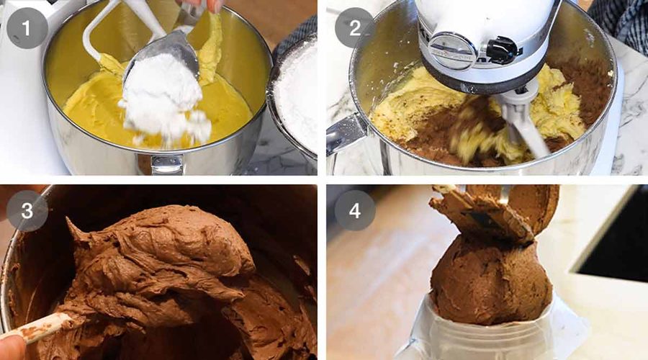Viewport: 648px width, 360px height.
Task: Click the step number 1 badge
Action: pyautogui.click(x=27, y=28)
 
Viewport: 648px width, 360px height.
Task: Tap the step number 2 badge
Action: pyautogui.click(x=354, y=28)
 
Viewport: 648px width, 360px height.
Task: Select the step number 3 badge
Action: pyautogui.click(x=27, y=210)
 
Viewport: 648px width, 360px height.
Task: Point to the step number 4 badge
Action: pyautogui.click(x=354, y=210)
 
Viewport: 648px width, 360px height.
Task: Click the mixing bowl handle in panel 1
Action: pyautogui.click(x=166, y=164)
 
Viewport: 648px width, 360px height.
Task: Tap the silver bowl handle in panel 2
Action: pyautogui.click(x=346, y=135)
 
